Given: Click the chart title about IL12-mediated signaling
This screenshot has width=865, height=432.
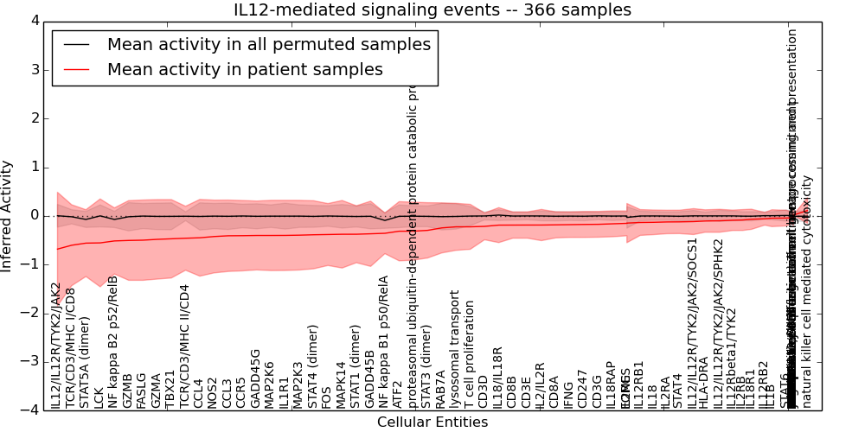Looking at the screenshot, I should (432, 10).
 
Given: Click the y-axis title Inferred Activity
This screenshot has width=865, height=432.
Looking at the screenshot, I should (8, 215).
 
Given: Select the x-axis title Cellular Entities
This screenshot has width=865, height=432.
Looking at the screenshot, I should (432, 422).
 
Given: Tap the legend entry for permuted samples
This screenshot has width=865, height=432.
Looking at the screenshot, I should (268, 45).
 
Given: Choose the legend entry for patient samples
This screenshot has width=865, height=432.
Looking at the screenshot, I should (245, 70).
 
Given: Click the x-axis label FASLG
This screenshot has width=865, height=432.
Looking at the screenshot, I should (142, 389).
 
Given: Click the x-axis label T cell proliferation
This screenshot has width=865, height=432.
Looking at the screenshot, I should (470, 354).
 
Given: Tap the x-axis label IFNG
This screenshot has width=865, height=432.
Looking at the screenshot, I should (568, 393).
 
